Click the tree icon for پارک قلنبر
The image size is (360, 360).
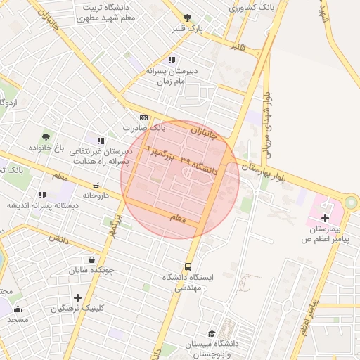[x=187, y=18]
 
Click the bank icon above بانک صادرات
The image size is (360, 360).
[x=144, y=117]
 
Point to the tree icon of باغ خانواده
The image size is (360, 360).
[x=46, y=137]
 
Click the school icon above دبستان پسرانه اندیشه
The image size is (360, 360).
[x=42, y=195]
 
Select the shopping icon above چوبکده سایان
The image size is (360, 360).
[x=92, y=259]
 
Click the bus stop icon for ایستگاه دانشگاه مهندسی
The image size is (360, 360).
[x=188, y=266]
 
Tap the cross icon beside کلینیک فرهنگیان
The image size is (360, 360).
[x=77, y=298]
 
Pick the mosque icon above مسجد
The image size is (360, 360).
[x=18, y=309]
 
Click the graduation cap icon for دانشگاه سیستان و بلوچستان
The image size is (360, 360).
[x=211, y=333]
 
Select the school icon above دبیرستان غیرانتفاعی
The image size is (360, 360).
[x=101, y=141]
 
